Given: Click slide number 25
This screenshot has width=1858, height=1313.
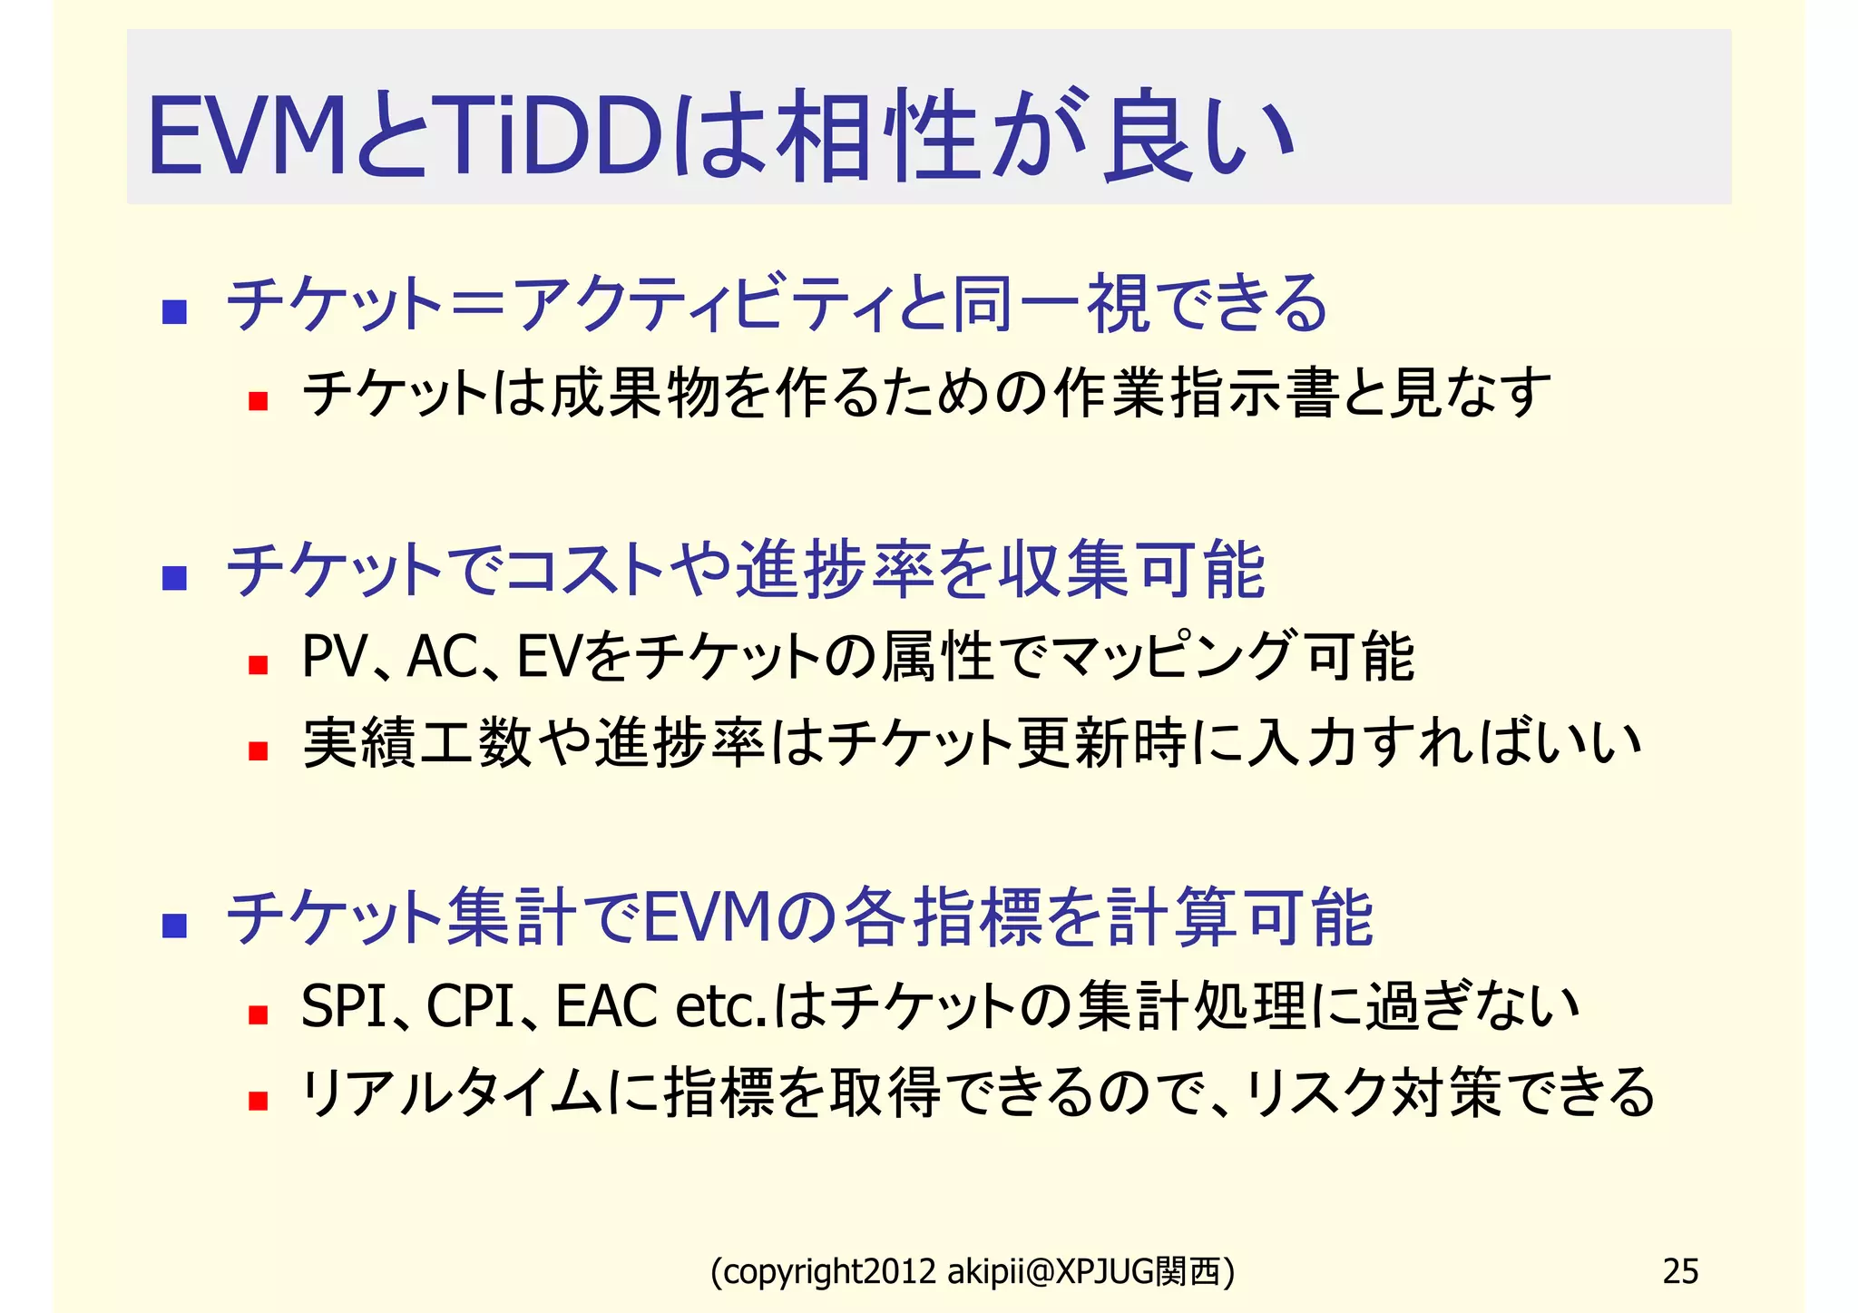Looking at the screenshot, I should click(x=1679, y=1271).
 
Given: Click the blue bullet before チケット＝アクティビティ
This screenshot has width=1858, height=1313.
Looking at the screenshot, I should click(x=174, y=312).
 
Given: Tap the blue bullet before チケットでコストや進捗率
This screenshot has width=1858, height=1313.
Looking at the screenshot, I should click(x=174, y=578).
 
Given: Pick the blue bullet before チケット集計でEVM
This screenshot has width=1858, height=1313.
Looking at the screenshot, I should click(x=174, y=926).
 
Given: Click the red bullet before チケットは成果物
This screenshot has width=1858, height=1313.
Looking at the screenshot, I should click(x=259, y=401).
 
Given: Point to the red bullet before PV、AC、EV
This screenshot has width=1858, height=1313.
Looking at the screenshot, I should click(x=259, y=665).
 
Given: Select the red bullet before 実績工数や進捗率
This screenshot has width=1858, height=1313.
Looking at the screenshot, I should click(x=259, y=750).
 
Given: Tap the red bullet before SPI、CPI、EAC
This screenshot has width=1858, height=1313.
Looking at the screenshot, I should click(x=259, y=1014).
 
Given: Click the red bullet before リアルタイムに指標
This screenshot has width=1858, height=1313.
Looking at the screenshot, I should click(x=259, y=1101).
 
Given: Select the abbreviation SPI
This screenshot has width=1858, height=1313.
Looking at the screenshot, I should click(x=344, y=1006).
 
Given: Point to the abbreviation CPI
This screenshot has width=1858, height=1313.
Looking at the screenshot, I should click(x=471, y=1006).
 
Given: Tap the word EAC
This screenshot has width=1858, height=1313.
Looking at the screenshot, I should click(x=606, y=1006).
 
